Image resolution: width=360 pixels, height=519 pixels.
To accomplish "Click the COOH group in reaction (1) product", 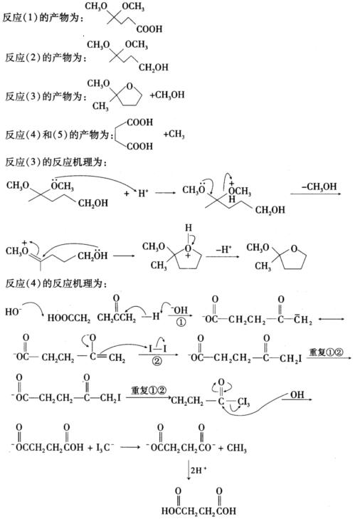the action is click(x=149, y=29).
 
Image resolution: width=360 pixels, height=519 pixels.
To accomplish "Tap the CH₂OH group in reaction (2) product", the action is click(x=154, y=68).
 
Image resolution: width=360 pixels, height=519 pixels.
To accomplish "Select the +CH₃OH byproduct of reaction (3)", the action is click(x=167, y=95).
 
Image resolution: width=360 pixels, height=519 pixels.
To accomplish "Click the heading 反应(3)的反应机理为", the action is click(x=56, y=162).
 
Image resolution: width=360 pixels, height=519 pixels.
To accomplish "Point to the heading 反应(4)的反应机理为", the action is click(x=56, y=283).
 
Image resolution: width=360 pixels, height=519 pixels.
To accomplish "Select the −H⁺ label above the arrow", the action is click(x=224, y=249).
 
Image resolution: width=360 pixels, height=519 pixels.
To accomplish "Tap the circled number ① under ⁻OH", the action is click(x=181, y=322).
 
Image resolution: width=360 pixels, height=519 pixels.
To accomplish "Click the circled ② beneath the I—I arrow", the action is click(x=157, y=360).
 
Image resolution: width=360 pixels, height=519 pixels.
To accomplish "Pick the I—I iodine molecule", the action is click(x=157, y=349).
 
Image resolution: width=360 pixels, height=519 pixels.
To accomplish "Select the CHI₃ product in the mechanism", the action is click(x=237, y=449).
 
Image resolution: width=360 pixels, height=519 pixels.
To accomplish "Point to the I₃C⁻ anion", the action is click(x=105, y=448).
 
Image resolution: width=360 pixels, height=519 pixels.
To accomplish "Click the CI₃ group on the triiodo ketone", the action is click(x=243, y=402).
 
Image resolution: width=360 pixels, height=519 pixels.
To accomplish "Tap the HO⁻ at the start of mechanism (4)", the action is click(x=14, y=311).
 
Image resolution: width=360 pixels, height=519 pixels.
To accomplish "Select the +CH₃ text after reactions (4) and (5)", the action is click(x=174, y=134).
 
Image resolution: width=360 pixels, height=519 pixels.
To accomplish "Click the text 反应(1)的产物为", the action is click(x=43, y=18).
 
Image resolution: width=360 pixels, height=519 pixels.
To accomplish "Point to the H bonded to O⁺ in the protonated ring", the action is click(x=188, y=228).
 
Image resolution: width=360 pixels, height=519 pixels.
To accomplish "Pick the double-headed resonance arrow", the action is click(x=332, y=319).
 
